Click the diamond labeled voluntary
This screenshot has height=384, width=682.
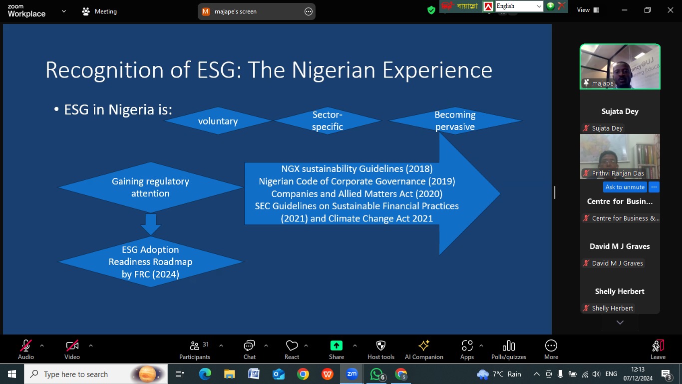coord(218,121)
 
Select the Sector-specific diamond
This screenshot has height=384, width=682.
coord(328,121)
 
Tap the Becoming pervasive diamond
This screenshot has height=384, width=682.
coord(455,121)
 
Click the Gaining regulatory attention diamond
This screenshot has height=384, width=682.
coord(150,187)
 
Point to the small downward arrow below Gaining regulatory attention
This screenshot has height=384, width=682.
coord(151,224)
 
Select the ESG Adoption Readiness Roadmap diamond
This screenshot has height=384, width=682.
coord(150,261)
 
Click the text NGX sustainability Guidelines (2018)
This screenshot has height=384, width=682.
coord(357,168)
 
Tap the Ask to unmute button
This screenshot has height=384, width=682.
coord(625,187)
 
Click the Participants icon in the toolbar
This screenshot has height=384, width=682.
coord(195,346)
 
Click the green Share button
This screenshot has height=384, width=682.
coord(337,345)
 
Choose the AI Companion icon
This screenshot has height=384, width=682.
coord(424,345)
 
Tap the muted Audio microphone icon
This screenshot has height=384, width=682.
coord(26,345)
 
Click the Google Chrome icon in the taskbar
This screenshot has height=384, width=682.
coord(303,374)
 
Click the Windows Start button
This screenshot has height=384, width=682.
coord(12,374)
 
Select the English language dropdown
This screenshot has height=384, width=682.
coord(519,6)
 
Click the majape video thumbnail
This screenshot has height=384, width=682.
coord(620,67)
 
